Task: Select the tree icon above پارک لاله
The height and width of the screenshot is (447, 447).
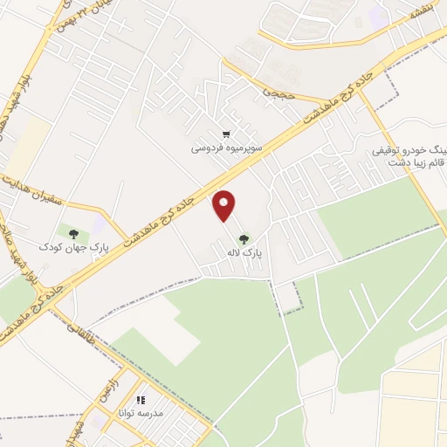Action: (243, 237)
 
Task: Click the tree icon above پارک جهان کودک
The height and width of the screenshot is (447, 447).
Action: (73, 233)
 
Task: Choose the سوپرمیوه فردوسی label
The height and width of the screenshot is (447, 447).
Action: (227, 148)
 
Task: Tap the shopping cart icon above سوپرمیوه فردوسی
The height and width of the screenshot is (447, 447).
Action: (227, 134)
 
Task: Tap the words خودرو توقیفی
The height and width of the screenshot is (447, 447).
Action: (402, 151)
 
